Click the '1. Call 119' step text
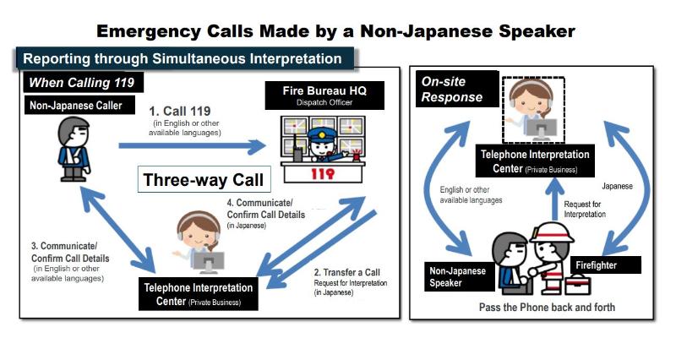pos(180,111)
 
